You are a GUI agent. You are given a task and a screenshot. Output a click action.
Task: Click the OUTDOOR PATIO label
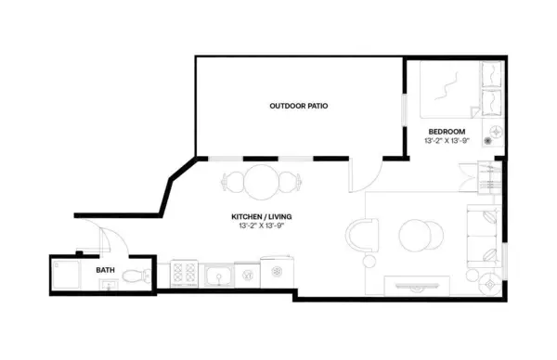tap(298, 106)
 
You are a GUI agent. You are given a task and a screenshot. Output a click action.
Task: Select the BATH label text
tap(106, 271)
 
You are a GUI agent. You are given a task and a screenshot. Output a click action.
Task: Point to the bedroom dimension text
tap(448, 142)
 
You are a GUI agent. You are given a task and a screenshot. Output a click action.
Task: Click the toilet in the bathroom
tap(136, 275)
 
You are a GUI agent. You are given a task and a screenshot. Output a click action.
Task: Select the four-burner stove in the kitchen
tap(181, 274)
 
